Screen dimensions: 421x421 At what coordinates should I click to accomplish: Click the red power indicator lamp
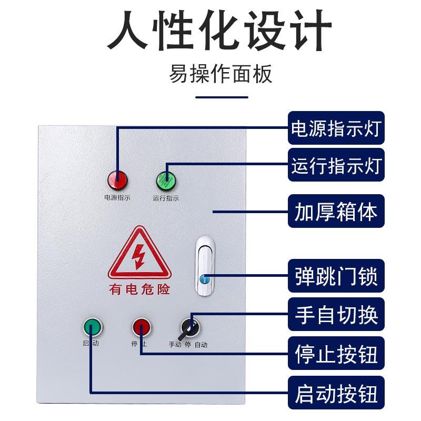117,181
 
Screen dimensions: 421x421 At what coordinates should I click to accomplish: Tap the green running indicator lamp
166,181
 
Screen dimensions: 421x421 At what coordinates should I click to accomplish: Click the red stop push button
141,327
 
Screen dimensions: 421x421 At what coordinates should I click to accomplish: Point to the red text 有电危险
139,289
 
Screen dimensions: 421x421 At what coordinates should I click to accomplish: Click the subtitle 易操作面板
221,74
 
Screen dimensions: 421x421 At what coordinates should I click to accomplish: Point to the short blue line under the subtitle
222,97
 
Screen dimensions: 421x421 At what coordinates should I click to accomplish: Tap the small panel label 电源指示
117,198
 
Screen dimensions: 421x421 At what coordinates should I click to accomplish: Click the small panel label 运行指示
166,198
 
